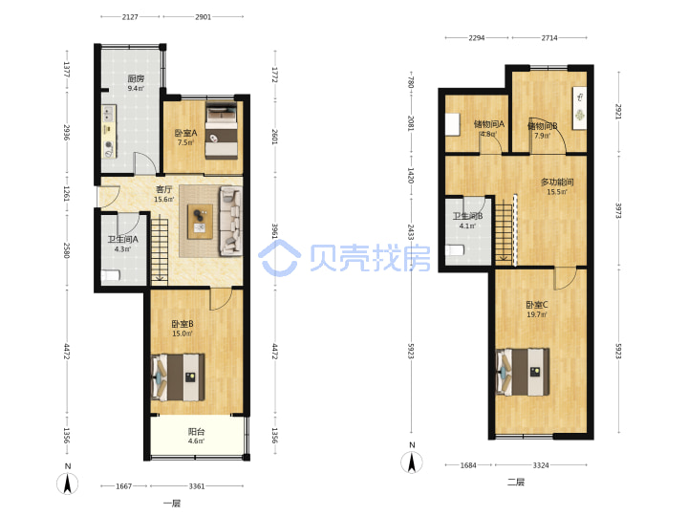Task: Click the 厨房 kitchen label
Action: tap(136, 79)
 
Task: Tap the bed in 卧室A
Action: tap(222, 130)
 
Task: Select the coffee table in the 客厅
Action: tap(200, 222)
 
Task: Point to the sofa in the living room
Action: tap(231, 221)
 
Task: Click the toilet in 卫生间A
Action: tap(110, 275)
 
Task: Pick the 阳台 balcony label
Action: tap(196, 432)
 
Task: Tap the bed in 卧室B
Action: tap(178, 377)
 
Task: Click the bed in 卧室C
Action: tap(523, 372)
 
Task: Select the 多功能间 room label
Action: tap(557, 183)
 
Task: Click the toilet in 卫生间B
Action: tap(455, 250)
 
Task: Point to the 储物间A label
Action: tap(489, 124)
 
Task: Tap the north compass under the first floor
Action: tap(68, 484)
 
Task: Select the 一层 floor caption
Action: tap(172, 504)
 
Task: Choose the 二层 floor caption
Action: tap(516, 483)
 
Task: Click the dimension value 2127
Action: tap(130, 17)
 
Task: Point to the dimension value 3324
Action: tap(541, 465)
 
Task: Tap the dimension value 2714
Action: tap(549, 38)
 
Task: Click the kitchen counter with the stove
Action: tap(109, 132)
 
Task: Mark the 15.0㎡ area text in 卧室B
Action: tap(183, 333)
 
